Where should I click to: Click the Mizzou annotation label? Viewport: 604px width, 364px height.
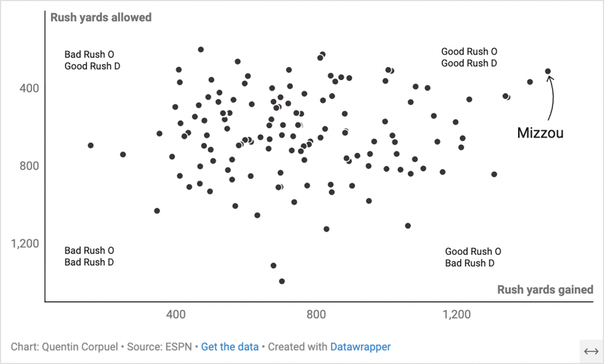[x=540, y=133]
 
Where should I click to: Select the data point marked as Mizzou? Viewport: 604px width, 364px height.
[x=548, y=71]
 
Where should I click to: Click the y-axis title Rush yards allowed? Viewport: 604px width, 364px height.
[x=101, y=17]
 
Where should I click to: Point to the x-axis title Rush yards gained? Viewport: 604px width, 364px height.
[x=545, y=290]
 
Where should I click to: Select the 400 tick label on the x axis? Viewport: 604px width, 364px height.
[x=176, y=314]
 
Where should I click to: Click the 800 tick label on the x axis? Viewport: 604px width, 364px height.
[x=316, y=314]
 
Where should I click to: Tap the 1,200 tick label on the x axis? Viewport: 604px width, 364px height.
[x=456, y=314]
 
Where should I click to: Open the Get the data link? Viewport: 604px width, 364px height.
[x=230, y=347]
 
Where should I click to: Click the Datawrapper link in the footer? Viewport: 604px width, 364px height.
[x=360, y=347]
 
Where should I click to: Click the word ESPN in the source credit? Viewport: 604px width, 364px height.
[x=179, y=347]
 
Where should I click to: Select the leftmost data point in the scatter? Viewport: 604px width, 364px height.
[x=90, y=146]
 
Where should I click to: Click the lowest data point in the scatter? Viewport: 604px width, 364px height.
[x=282, y=281]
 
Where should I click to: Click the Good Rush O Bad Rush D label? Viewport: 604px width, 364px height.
[x=473, y=257]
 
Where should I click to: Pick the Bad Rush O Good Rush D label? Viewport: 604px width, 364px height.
[x=92, y=60]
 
